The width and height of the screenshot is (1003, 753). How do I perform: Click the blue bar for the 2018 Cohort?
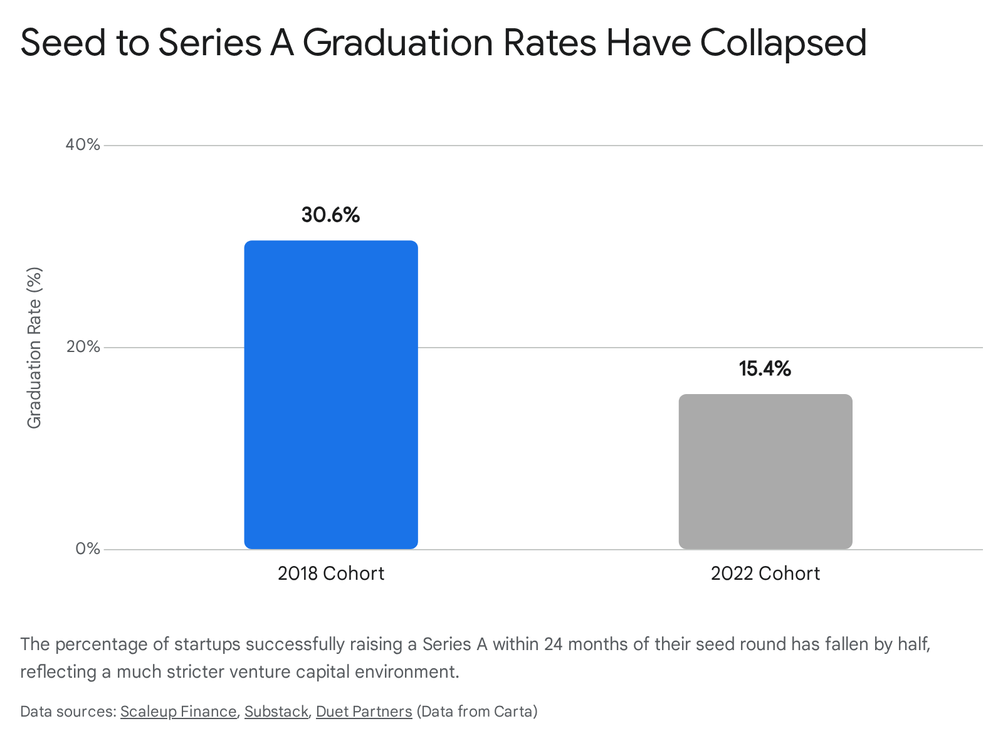(x=331, y=395)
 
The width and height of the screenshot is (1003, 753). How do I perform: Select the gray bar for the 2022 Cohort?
(x=765, y=471)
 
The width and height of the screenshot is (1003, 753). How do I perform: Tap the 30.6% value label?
(x=331, y=215)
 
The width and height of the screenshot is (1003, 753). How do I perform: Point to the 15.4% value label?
(x=765, y=368)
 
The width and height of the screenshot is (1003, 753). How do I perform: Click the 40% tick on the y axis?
(x=83, y=145)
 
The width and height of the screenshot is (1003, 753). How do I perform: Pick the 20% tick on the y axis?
(x=83, y=347)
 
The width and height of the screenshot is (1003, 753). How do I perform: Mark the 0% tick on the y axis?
(x=88, y=548)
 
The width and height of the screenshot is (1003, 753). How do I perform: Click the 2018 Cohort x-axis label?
(x=331, y=574)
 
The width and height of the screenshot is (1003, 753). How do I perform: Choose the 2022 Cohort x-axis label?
(x=765, y=574)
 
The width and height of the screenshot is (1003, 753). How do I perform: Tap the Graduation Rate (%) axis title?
(x=34, y=348)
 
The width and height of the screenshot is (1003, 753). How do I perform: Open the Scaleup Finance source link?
(x=178, y=712)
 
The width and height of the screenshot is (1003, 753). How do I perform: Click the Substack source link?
(x=276, y=712)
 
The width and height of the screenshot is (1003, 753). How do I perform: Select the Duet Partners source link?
(x=364, y=712)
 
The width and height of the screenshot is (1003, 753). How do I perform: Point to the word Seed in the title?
(x=63, y=43)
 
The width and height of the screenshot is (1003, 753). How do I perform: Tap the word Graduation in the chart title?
(x=397, y=43)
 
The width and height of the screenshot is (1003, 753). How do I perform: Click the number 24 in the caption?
(x=553, y=644)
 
